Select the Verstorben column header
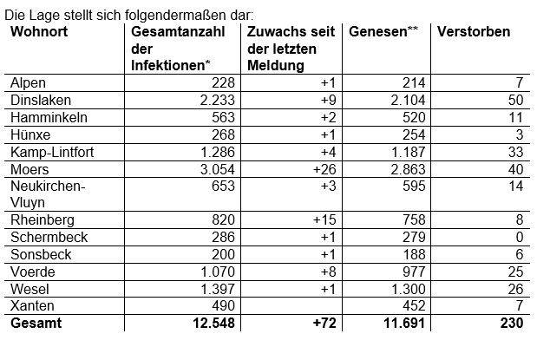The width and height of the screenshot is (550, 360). pyautogui.click(x=474, y=32)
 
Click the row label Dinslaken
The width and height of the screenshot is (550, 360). pyautogui.click(x=36, y=99)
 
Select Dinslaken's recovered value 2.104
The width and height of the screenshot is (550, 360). pyautogui.click(x=408, y=99)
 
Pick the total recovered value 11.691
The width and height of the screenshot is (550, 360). pyautogui.click(x=403, y=324)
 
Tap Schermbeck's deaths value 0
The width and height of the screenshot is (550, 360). pyautogui.click(x=518, y=237)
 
